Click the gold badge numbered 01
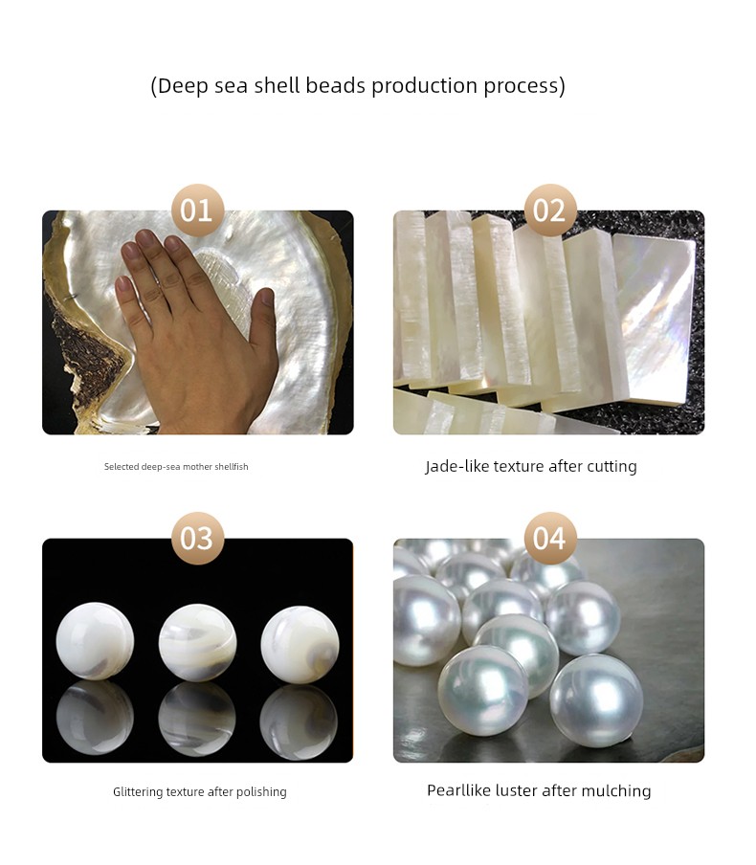point(197,211)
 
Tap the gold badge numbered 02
point(549,211)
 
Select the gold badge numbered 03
point(197,538)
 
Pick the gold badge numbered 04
point(549,538)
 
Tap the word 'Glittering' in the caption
point(138,792)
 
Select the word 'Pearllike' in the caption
point(458,791)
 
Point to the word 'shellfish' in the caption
point(232,467)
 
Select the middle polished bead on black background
point(197,642)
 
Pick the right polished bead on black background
point(300,644)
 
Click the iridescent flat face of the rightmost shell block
point(655,320)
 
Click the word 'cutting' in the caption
point(611,467)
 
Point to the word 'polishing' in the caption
point(261,792)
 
